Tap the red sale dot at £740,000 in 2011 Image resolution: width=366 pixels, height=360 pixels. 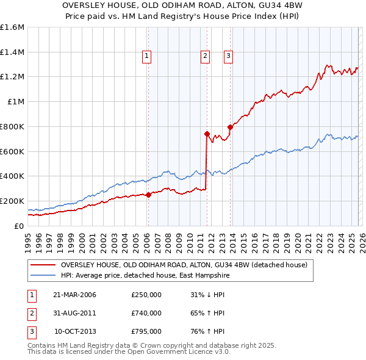click(207, 134)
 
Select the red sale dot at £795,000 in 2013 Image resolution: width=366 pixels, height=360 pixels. click(230, 127)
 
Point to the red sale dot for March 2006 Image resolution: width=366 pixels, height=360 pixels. click(148, 195)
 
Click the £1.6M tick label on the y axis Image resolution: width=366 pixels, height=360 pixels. click(12, 27)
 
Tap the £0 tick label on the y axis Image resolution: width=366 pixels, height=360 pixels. click(18, 226)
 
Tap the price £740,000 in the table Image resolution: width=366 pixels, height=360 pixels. click(146, 313)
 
